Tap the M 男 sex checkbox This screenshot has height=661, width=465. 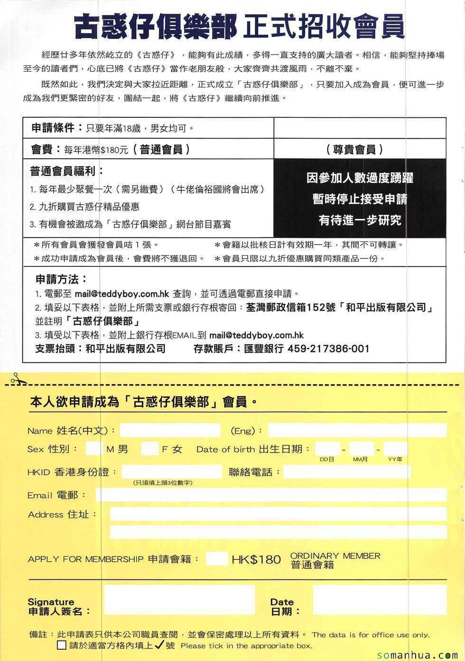(93, 448)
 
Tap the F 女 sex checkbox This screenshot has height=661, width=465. (150, 448)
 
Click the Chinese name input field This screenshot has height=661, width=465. (170, 430)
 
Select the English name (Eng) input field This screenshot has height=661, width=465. (357, 430)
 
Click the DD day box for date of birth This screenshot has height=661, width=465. (327, 448)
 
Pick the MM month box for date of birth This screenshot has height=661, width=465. (362, 448)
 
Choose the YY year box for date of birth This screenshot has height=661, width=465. (395, 448)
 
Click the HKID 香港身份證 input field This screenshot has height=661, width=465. (171, 472)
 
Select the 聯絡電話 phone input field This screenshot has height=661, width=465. (346, 472)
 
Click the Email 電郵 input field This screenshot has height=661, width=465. (271, 495)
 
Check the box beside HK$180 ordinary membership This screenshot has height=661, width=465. (217, 558)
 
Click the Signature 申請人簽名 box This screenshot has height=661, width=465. (179, 600)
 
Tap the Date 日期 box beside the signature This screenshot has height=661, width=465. (380, 600)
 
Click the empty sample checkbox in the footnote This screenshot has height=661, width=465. (62, 645)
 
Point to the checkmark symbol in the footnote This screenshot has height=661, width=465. (159, 644)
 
